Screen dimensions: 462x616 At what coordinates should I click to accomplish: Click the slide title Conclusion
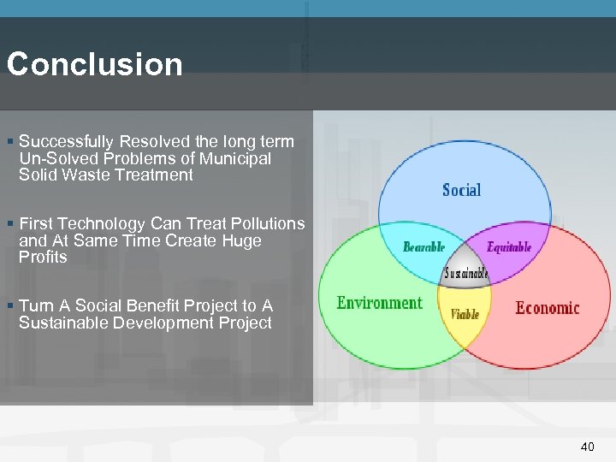[94, 65]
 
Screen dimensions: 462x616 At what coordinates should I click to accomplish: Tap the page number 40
[587, 446]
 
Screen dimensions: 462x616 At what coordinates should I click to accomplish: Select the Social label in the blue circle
[461, 190]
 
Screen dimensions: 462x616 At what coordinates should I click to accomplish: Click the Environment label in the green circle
[379, 303]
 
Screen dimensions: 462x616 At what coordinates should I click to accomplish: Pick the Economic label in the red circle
[547, 308]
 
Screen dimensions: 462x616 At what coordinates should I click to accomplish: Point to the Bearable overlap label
[424, 247]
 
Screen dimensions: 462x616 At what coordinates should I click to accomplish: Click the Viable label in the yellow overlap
[465, 314]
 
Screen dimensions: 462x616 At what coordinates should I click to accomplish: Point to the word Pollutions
[264, 223]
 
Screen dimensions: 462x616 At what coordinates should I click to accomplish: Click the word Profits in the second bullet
[43, 257]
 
